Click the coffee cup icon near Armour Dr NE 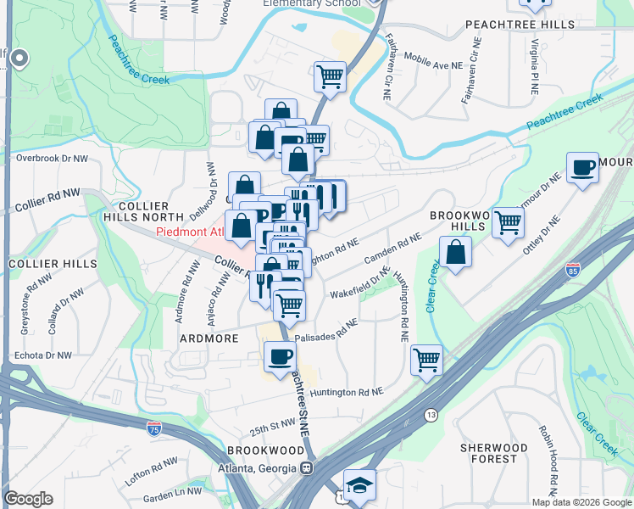pyautogui.click(x=582, y=167)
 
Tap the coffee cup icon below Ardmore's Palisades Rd pyautogui.click(x=279, y=356)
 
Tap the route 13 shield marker pyautogui.click(x=431, y=415)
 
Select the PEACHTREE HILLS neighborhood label pyautogui.click(x=520, y=26)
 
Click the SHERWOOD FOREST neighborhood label pyautogui.click(x=494, y=453)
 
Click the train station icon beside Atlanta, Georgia pyautogui.click(x=307, y=467)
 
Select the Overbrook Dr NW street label pyautogui.click(x=52, y=159)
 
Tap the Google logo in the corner pyautogui.click(x=28, y=499)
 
